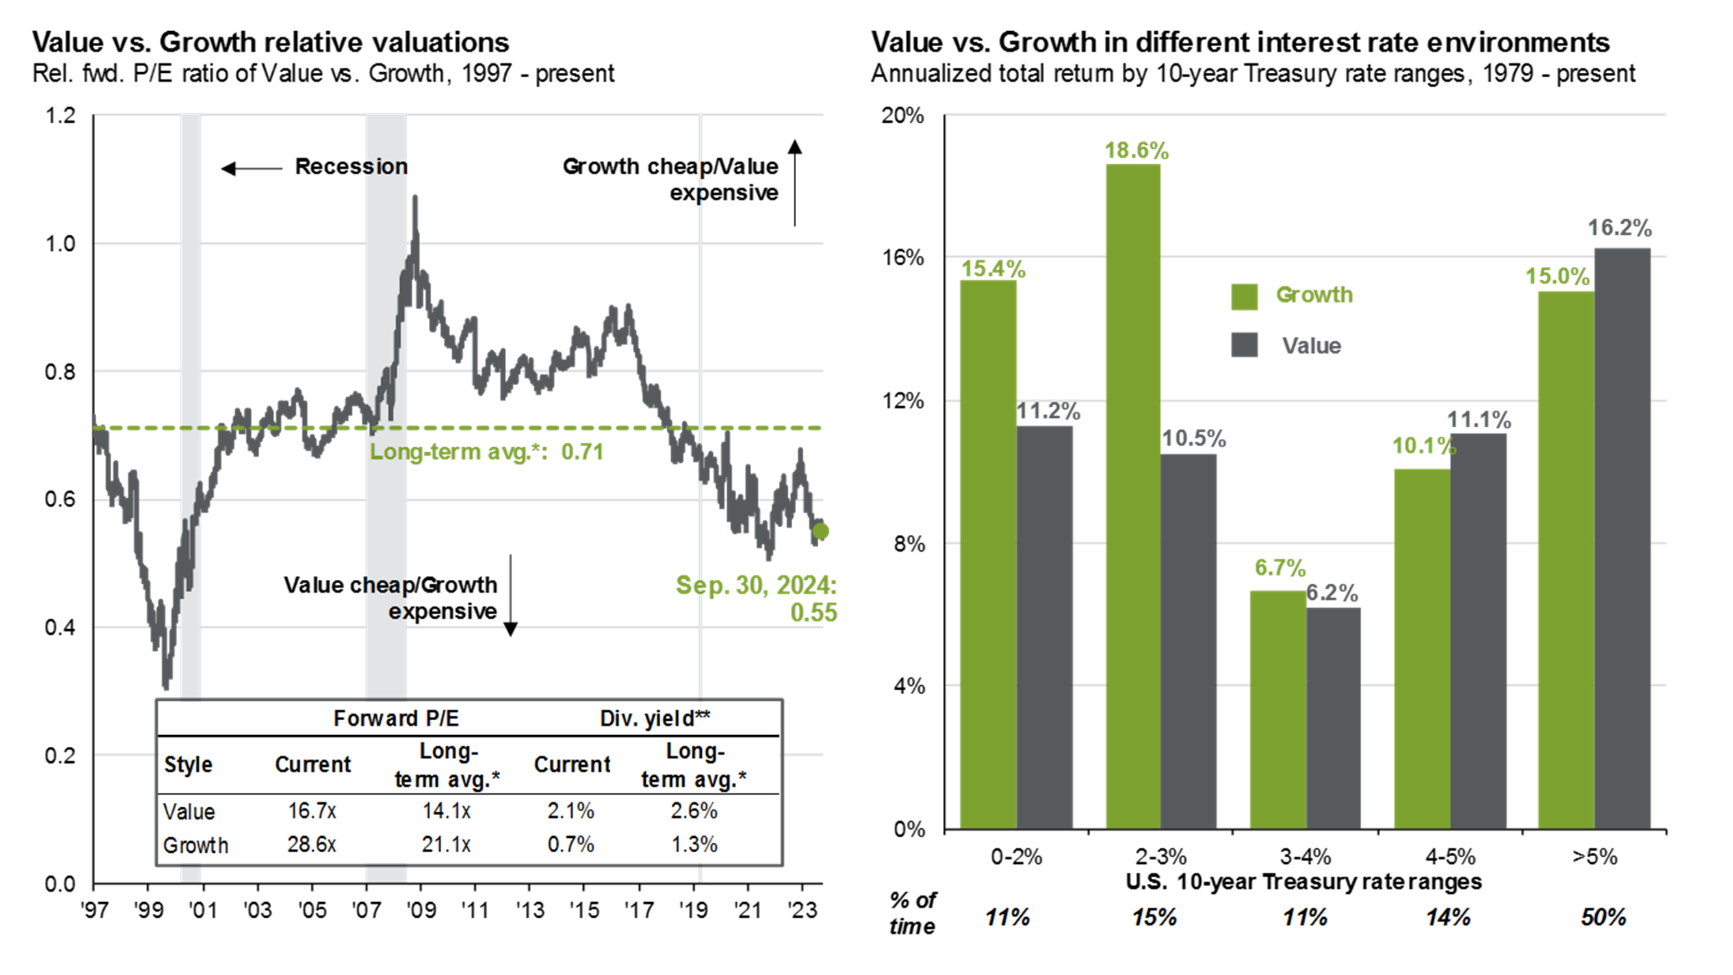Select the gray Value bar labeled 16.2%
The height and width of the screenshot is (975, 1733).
pos(1622,538)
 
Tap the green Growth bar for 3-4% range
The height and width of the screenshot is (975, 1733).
pos(1277,709)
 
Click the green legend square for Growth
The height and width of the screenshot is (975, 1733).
pos(1244,296)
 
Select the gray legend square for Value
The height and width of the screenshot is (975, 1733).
pos(1244,345)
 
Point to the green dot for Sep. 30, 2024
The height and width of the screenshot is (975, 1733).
pos(820,532)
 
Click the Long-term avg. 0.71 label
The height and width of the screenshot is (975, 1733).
pos(487,452)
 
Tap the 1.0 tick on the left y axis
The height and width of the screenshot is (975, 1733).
pos(60,244)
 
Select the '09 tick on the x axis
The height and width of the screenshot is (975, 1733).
pos(421,910)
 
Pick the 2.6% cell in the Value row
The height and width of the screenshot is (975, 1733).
pos(693,810)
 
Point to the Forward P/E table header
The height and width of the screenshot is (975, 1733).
pos(396,719)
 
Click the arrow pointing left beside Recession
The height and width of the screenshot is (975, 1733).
pos(251,168)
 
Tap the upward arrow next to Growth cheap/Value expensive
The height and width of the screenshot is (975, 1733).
pos(795,182)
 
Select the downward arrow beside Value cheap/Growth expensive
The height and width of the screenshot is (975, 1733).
pos(511,595)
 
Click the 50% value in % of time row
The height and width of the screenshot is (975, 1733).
pos(1603,917)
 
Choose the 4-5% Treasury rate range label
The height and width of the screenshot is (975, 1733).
pos(1450,857)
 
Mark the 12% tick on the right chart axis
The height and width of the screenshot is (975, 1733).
pos(903,401)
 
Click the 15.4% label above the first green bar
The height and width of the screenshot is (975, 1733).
pos(992,269)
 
